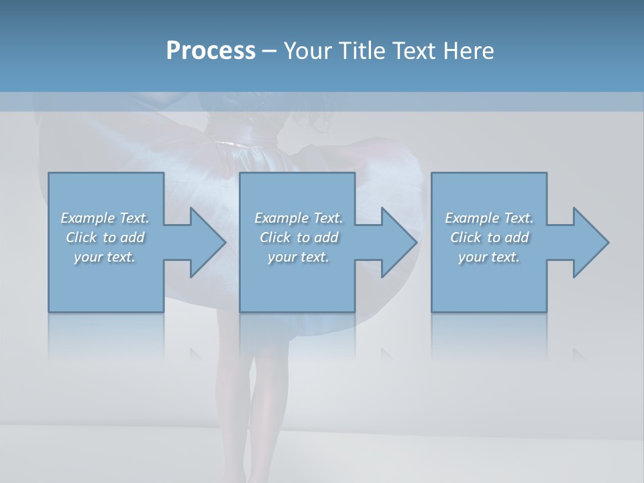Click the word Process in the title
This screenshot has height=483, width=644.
(x=211, y=50)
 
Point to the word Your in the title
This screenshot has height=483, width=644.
(x=306, y=50)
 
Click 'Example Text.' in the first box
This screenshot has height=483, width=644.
(x=105, y=218)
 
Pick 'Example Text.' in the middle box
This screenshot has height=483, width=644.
(x=299, y=218)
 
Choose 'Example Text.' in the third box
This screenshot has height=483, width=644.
(x=489, y=218)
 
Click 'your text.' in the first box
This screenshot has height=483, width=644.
(x=105, y=257)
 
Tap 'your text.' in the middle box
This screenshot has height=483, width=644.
(x=299, y=257)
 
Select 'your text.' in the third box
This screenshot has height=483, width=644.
(x=489, y=257)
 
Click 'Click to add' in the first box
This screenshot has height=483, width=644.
(x=105, y=237)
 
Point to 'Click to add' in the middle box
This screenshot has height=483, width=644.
(x=299, y=237)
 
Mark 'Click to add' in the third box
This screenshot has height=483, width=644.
(x=489, y=237)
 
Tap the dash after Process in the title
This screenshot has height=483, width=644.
(x=270, y=51)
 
